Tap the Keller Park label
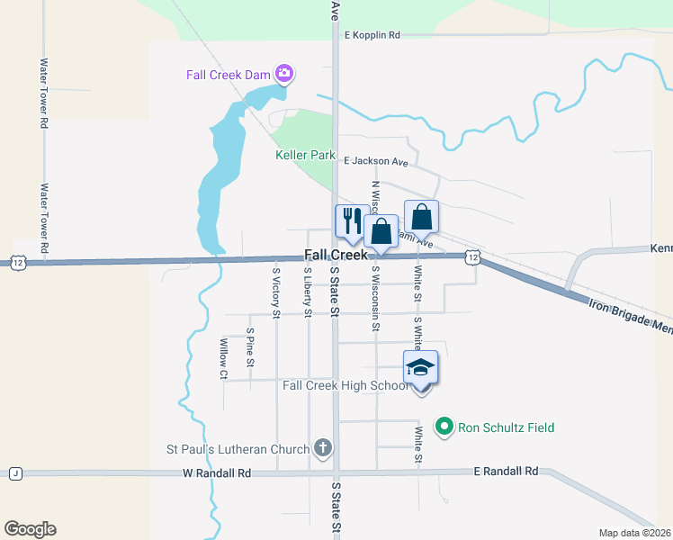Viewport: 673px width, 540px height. tap(305, 155)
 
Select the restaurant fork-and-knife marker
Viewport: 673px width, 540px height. tap(349, 220)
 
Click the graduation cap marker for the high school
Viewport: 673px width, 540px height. tap(420, 367)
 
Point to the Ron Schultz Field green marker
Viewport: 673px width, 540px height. tap(443, 427)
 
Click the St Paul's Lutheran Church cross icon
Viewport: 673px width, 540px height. tap(323, 448)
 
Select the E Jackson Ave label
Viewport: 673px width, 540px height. tap(376, 162)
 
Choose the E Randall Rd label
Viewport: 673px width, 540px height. tap(506, 471)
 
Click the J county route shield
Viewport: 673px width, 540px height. tap(15, 473)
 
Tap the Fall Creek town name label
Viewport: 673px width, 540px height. tap(336, 256)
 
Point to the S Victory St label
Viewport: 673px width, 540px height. tap(276, 290)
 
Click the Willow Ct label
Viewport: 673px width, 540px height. tap(223, 357)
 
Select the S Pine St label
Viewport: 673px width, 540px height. tap(250, 347)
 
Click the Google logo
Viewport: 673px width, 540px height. tap(30, 528)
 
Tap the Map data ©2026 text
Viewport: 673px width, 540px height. tap(634, 533)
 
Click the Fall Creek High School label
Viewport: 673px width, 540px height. tap(345, 385)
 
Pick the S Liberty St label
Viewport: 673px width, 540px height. tap(308, 292)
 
